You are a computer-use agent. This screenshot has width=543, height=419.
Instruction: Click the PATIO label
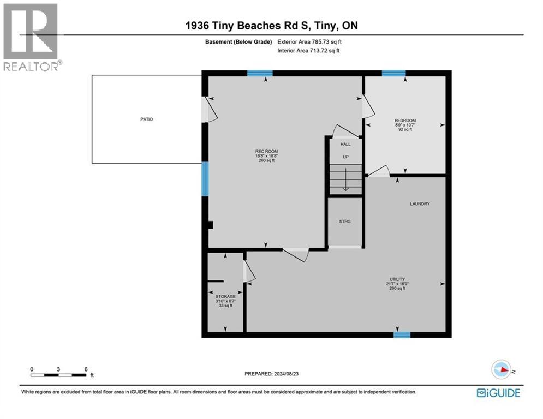146,119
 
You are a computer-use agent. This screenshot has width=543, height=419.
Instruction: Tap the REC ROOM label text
266,151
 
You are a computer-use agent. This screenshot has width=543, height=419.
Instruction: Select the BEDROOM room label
405,121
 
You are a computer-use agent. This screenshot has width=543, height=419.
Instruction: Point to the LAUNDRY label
420,204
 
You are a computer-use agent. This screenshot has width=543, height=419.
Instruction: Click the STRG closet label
345,222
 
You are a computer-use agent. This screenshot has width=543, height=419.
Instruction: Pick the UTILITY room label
397,279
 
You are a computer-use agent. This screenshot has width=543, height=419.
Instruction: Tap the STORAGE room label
225,297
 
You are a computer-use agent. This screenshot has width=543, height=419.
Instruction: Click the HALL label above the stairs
345,144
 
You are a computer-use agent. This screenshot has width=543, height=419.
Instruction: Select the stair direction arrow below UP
345,179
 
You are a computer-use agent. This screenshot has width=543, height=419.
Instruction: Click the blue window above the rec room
260,73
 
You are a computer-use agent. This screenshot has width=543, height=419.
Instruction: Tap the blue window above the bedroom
394,73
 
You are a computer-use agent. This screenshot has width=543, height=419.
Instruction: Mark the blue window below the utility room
402,335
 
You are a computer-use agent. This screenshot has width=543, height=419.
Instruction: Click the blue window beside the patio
205,179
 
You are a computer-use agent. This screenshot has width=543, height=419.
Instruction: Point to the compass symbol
502,369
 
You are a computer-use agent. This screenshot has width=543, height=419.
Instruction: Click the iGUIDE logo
498,393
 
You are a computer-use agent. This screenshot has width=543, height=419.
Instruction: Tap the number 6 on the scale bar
86,369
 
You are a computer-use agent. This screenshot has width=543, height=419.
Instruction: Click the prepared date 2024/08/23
286,374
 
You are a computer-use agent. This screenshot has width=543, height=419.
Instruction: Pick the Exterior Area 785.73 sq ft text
309,42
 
